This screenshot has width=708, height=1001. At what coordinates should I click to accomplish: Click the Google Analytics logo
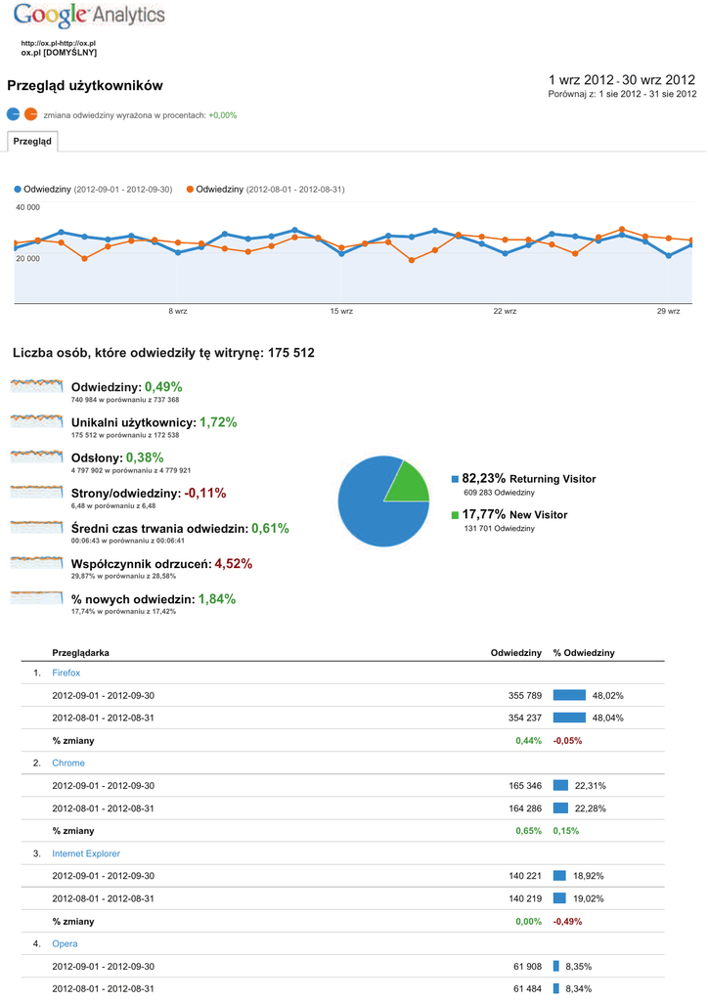[89, 16]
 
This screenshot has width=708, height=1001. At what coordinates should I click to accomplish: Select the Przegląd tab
[32, 142]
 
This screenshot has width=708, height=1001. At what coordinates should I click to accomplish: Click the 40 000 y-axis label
[27, 207]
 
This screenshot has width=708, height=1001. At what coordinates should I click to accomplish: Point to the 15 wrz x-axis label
[341, 311]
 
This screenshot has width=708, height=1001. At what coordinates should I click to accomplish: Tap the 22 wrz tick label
[505, 311]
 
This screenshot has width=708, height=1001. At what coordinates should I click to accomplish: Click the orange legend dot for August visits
[190, 189]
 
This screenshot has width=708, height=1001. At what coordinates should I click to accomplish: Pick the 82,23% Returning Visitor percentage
[483, 478]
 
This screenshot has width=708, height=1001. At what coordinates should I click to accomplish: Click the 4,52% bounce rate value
[234, 563]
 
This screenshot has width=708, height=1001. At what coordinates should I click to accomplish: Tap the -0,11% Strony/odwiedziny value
[204, 493]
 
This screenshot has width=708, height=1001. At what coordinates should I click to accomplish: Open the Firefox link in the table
[66, 673]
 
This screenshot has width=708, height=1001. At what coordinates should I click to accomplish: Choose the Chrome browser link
[68, 762]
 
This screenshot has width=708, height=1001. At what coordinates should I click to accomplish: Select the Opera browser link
[65, 943]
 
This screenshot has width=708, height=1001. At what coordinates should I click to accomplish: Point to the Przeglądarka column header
[80, 652]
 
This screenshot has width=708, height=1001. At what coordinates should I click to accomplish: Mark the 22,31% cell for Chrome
[591, 785]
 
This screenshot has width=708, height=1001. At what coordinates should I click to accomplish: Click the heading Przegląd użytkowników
[85, 87]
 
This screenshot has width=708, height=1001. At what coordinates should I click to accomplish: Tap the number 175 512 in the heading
[290, 352]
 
